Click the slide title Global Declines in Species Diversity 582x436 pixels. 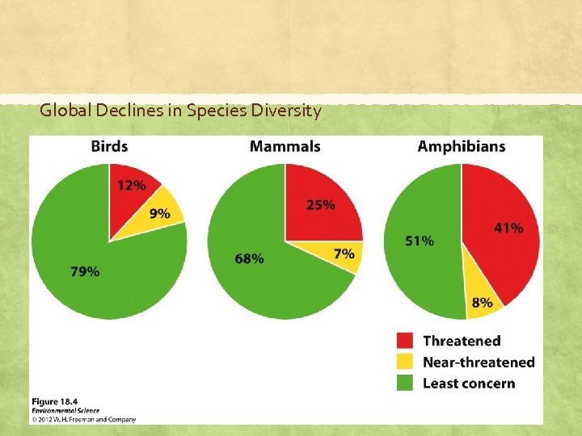[x=180, y=111]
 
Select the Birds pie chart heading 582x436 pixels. [x=109, y=146]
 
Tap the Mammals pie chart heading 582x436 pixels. [x=285, y=146]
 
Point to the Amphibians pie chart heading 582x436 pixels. [x=461, y=146]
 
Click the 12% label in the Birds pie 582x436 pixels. [x=132, y=185]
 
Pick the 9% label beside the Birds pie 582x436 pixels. [x=159, y=214]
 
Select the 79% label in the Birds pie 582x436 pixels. [x=86, y=271]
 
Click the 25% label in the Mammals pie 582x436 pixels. [x=320, y=205]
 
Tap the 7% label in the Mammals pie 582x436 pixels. [x=344, y=254]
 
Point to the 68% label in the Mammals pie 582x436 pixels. [x=249, y=258]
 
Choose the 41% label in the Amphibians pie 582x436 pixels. [x=508, y=228]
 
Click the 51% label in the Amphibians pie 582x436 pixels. [x=419, y=241]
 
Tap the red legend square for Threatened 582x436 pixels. [x=406, y=341]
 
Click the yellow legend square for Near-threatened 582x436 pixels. [x=406, y=362]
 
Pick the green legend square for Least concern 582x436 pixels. [x=406, y=382]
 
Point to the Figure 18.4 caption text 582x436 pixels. [x=56, y=401]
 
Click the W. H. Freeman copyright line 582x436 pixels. [x=84, y=419]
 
